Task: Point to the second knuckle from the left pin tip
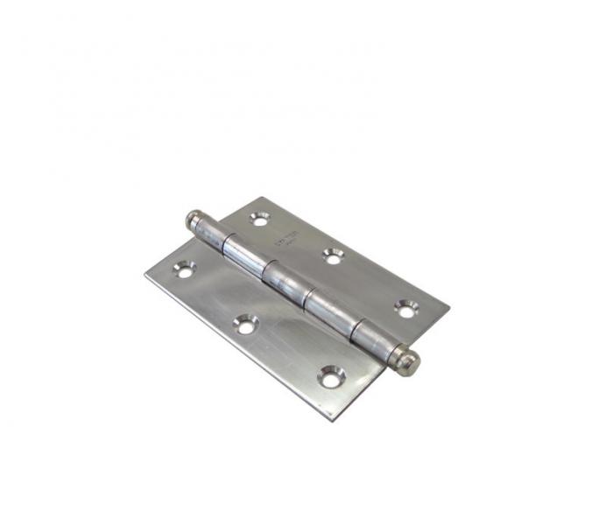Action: coord(244,255)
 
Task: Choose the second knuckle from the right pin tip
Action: coord(330,311)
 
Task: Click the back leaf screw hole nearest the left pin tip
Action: coord(258,218)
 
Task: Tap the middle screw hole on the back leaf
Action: coord(332,255)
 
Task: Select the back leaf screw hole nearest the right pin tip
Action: coord(406,308)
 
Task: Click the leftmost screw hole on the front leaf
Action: coord(184,269)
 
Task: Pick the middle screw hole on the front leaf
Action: coord(246,325)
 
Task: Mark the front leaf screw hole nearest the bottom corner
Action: coord(331,377)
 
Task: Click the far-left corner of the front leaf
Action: coord(146,276)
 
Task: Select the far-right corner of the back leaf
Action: coord(448,308)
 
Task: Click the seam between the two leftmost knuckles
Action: coord(226,243)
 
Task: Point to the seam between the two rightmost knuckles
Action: coord(353,325)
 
